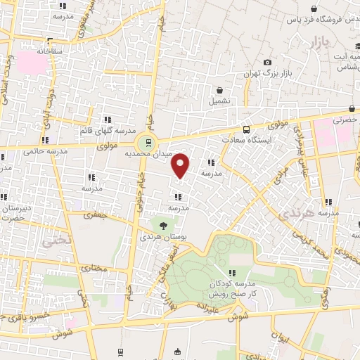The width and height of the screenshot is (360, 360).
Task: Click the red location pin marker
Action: click(x=181, y=166)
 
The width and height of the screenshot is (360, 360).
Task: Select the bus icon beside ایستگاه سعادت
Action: click(x=246, y=130)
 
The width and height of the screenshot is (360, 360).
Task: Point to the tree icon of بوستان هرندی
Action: click(x=164, y=226)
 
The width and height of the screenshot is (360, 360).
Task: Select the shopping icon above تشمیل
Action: click(x=221, y=90)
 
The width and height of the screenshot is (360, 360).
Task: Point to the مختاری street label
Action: click(x=94, y=269)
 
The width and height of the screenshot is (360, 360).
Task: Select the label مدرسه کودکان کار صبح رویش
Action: click(x=233, y=288)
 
